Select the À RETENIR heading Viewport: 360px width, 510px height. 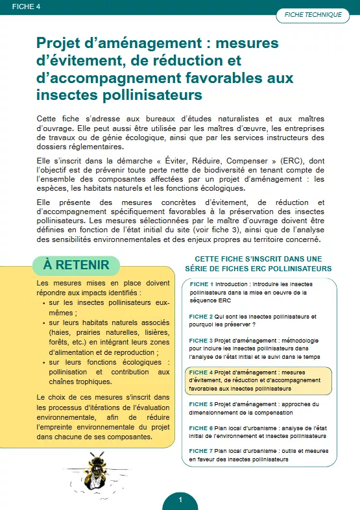76,265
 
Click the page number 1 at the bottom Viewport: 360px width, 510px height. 180,500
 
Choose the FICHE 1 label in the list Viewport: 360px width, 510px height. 201,284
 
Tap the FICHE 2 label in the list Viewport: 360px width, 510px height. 201,317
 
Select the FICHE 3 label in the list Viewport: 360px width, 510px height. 201,340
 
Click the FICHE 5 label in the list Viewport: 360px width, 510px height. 201,404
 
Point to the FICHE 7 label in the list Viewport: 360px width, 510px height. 201,450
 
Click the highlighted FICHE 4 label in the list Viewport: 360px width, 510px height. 201,372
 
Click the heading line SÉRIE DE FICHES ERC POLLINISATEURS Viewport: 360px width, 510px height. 258,268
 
